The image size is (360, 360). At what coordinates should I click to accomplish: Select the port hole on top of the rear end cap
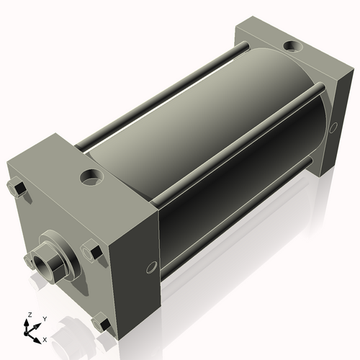[293, 47]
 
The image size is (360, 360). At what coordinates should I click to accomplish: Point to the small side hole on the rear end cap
[333, 127]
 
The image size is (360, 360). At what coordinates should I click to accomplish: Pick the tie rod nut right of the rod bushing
[92, 253]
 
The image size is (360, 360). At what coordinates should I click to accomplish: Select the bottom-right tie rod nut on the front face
[104, 325]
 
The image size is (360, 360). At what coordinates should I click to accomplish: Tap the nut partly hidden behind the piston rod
[30, 258]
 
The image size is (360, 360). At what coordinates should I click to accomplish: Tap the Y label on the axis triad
[44, 318]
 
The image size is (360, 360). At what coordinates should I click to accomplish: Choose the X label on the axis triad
[45, 338]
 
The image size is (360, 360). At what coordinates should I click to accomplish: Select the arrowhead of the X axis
[37, 336]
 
